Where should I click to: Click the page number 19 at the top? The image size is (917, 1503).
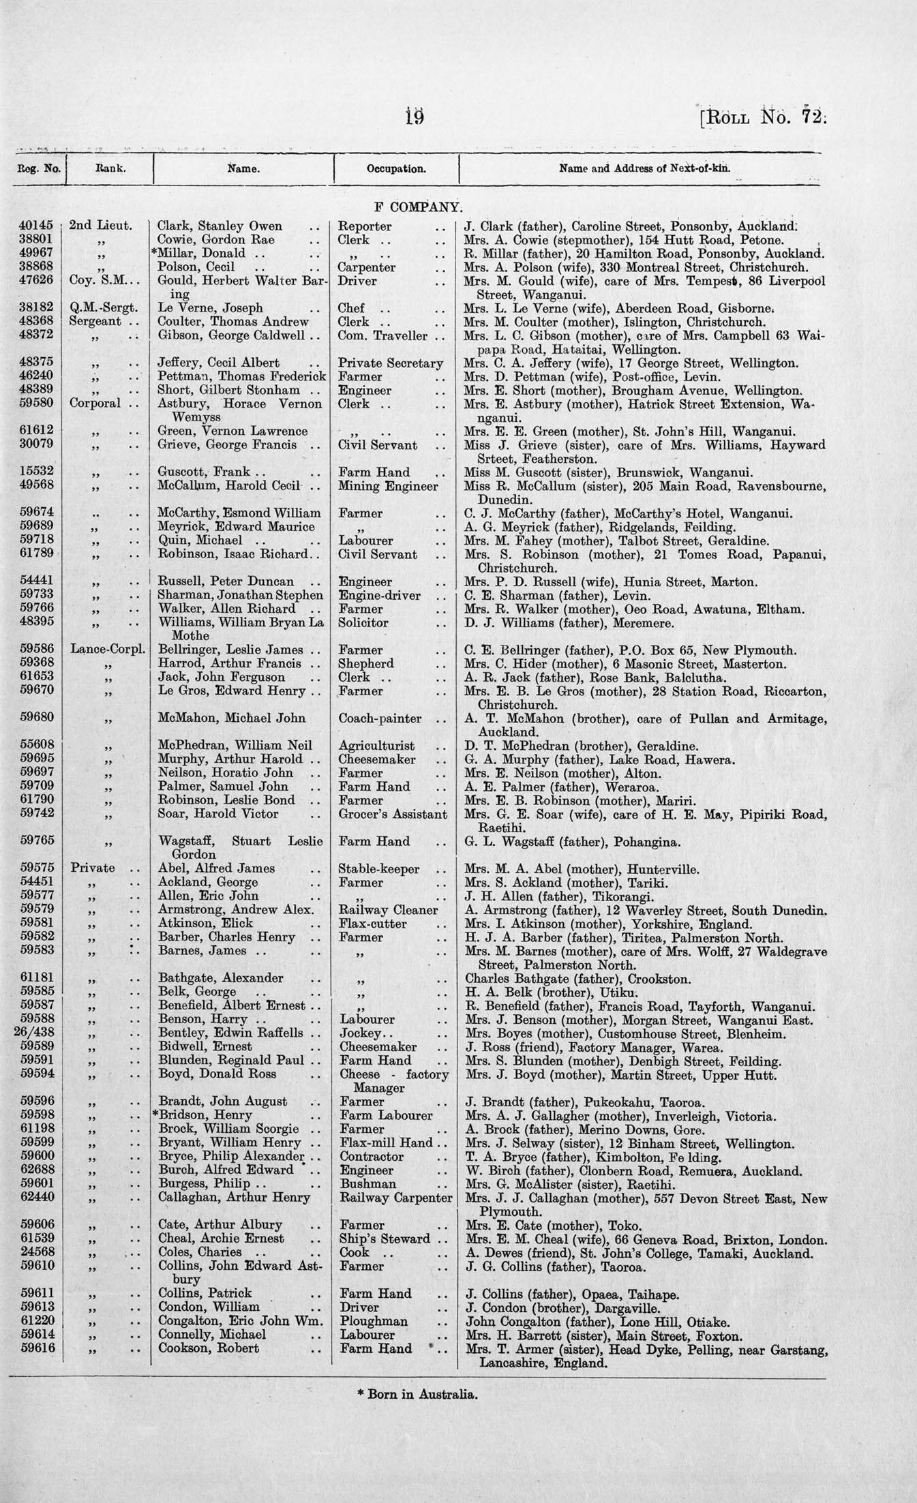point(414,117)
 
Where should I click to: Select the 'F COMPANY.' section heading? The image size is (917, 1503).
point(418,207)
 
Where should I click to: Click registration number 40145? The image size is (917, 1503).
point(39,226)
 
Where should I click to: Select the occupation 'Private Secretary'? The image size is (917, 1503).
point(391,363)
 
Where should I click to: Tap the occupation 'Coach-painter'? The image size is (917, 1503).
point(380,718)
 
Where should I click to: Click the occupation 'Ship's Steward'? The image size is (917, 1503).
point(385,1239)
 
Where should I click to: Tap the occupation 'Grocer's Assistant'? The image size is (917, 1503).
point(393,814)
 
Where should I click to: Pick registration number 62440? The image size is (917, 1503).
point(39,1197)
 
